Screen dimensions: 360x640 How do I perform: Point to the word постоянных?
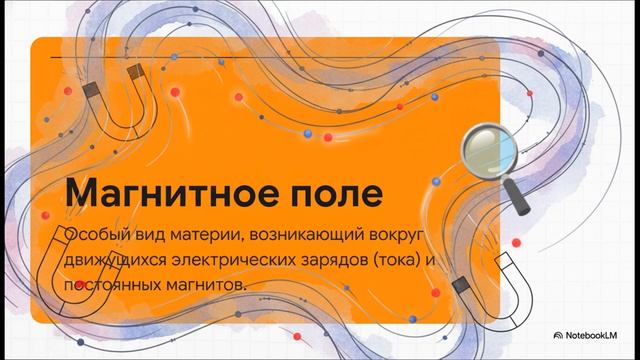tap(111, 285)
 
